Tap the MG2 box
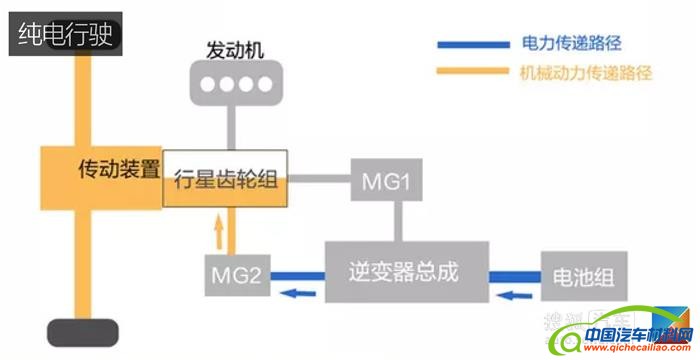(x=237, y=273)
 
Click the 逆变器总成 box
(x=407, y=272)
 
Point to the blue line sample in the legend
(x=474, y=44)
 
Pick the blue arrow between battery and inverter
(x=513, y=293)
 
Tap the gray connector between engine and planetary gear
(x=235, y=128)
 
